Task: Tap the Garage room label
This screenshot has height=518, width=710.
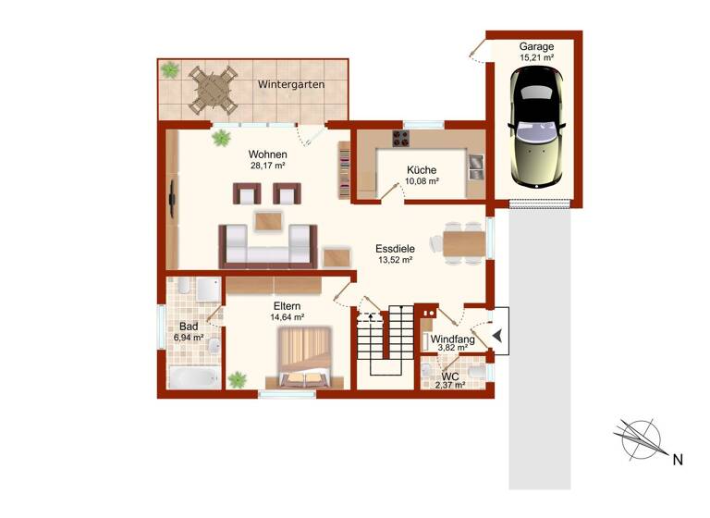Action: click(x=536, y=45)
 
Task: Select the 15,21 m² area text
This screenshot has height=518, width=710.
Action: click(x=536, y=57)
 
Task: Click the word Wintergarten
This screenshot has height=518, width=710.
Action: click(x=291, y=85)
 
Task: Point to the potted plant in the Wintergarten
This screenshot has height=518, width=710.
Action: click(x=170, y=69)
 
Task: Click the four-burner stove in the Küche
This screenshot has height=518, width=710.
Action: click(x=402, y=140)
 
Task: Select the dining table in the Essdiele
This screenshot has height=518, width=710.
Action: click(x=463, y=243)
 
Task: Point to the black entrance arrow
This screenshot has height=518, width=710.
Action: click(x=498, y=336)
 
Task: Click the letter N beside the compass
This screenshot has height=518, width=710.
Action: click(x=677, y=459)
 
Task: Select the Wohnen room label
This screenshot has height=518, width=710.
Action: click(x=267, y=154)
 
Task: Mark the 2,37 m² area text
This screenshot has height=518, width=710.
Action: click(x=451, y=385)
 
